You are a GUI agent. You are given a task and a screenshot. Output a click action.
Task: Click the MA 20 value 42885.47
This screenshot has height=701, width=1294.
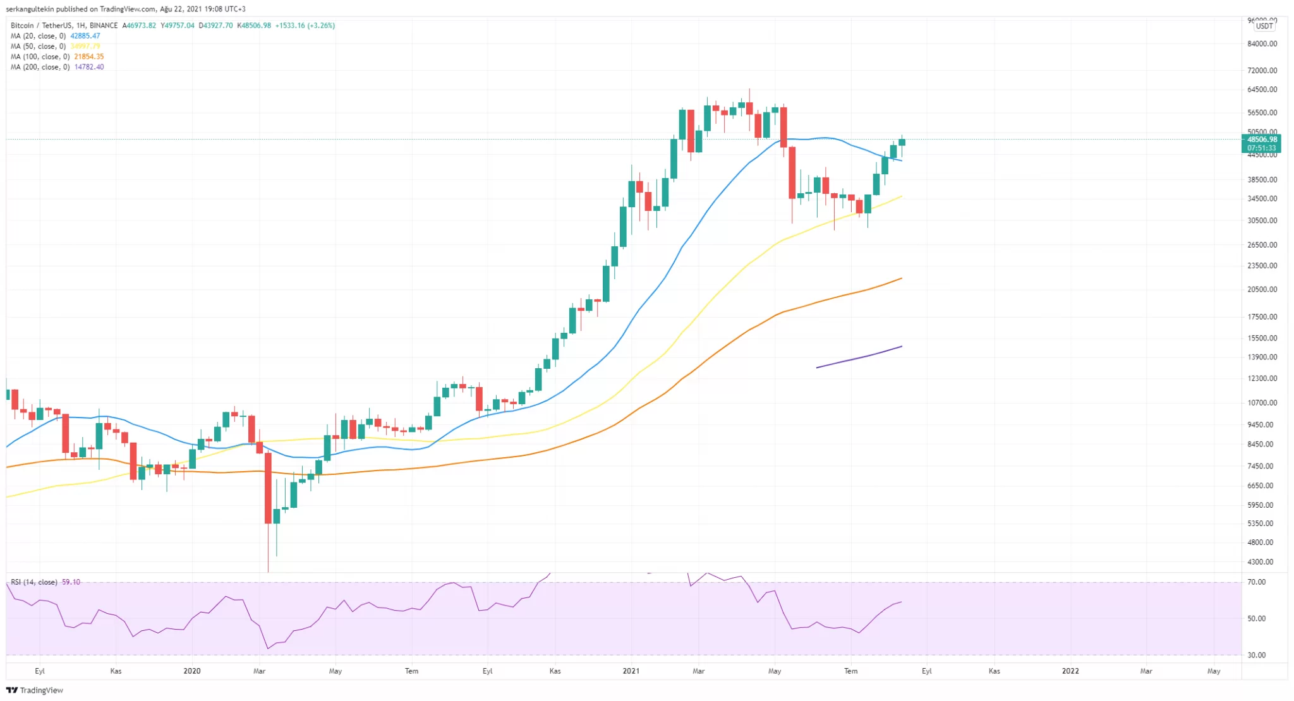85,36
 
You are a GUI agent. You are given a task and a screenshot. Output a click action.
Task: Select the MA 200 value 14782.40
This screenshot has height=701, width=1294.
89,67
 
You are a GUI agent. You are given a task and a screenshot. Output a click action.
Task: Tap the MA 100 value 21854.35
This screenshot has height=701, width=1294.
89,57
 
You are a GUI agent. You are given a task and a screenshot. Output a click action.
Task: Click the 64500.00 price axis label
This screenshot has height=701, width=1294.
1262,90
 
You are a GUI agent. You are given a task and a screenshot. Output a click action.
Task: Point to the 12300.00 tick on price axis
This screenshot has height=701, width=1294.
1262,379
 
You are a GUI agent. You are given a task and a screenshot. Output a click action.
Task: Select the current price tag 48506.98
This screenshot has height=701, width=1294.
1262,140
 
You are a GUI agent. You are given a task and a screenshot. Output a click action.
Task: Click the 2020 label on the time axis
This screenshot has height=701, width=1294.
192,671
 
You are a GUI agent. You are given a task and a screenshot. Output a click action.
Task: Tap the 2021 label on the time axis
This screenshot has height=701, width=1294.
631,671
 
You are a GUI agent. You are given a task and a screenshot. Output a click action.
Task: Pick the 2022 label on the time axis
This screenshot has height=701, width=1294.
1070,671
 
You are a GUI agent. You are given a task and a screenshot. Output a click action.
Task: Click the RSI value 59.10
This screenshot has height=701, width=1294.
71,582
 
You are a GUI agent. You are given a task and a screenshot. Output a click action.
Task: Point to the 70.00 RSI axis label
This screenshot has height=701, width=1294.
1257,582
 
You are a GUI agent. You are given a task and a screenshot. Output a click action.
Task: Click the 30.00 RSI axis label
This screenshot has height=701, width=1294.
1257,656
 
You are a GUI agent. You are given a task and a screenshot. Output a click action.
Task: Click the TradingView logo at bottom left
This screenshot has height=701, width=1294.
35,690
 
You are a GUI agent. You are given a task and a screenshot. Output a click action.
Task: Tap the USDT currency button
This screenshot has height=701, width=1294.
1264,26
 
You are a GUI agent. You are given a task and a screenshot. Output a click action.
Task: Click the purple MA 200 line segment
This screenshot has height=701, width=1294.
859,357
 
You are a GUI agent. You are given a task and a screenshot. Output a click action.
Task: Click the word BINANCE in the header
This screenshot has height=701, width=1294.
104,26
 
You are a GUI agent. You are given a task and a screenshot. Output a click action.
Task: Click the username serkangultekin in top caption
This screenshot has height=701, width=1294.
30,9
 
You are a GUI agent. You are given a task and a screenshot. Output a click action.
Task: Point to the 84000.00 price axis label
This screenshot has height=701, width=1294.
1262,44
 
